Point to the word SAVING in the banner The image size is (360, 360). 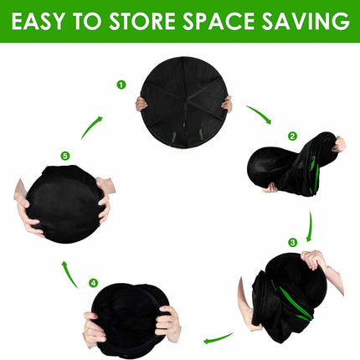pyautogui.click(x=308, y=21)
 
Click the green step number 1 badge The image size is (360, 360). pyautogui.click(x=121, y=85)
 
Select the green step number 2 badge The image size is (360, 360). pyautogui.click(x=291, y=136)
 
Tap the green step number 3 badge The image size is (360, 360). pyautogui.click(x=291, y=243)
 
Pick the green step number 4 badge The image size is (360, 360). pyautogui.click(x=93, y=283)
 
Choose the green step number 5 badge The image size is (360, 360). pyautogui.click(x=64, y=155)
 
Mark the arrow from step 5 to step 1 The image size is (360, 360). pyautogui.click(x=92, y=126)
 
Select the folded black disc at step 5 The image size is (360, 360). pyautogui.click(x=63, y=203)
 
